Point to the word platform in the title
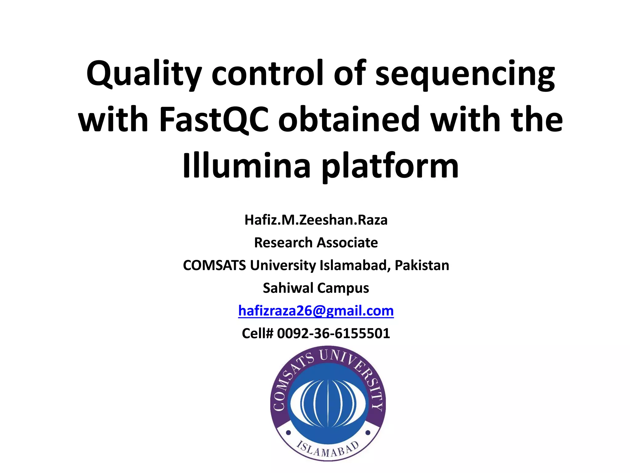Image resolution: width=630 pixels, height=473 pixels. click(390, 167)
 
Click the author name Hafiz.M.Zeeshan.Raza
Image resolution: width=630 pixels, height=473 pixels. click(316, 220)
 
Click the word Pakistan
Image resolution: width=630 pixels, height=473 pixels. click(422, 265)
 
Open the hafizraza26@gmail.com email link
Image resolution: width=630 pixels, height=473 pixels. click(316, 311)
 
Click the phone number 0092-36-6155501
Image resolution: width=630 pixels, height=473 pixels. click(333, 333)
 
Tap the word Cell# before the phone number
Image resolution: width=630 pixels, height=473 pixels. click(257, 333)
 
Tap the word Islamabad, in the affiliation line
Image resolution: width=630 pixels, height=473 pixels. click(355, 265)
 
